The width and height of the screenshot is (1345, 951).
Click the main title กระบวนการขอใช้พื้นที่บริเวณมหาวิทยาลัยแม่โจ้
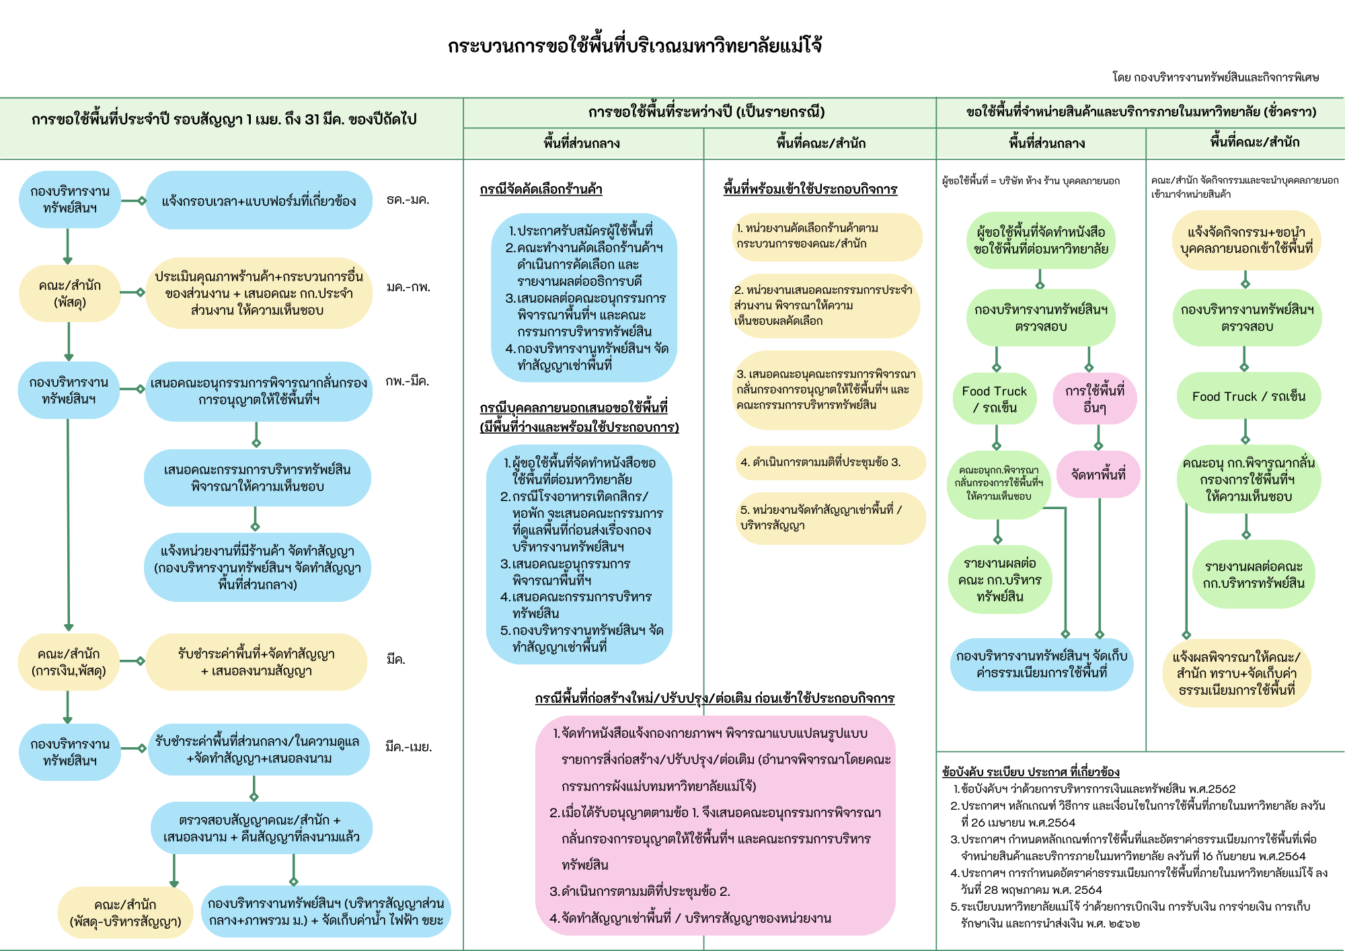634,46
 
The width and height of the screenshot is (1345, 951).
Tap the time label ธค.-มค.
408,200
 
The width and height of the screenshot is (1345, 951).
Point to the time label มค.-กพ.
408,287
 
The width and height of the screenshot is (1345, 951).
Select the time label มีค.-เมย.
408,747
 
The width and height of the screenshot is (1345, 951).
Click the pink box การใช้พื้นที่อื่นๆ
1094,399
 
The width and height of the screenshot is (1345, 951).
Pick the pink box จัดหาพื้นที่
1098,475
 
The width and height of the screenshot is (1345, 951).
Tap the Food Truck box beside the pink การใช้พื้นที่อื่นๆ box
995,399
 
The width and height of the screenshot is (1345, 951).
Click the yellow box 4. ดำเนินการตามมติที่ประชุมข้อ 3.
830,463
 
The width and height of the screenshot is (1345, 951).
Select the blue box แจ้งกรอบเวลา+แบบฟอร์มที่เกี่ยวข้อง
259,200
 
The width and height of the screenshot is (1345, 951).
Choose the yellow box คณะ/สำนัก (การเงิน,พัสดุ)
69,662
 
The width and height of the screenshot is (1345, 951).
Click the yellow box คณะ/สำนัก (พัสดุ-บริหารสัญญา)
126,913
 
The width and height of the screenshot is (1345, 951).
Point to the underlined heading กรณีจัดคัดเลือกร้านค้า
541,190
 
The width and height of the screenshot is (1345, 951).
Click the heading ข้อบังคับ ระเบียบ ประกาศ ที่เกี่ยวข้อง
1030,772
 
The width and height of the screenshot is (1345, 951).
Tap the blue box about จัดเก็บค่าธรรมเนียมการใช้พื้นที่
1041,664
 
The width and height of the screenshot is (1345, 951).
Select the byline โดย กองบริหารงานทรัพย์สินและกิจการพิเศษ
1215,77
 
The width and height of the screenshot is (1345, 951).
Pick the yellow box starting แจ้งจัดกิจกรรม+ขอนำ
1246,240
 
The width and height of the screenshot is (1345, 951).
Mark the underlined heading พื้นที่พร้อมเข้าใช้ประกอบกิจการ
810,190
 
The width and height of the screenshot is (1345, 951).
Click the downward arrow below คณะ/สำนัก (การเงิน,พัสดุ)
68,707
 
